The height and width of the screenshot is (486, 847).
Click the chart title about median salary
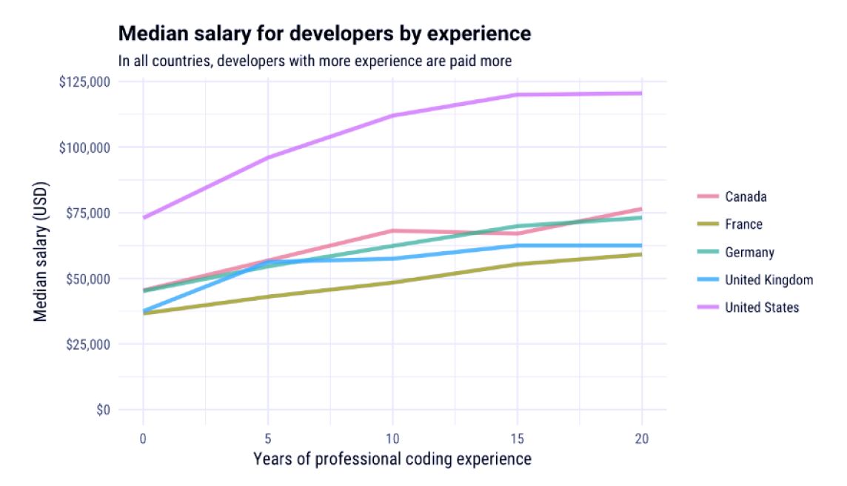[324, 33]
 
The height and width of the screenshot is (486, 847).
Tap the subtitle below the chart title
[315, 61]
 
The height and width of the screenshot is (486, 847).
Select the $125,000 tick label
[84, 81]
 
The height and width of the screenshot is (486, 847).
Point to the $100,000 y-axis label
[84, 147]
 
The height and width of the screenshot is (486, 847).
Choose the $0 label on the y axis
[103, 410]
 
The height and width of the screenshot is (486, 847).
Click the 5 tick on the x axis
[267, 439]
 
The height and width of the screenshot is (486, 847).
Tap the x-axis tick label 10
[392, 439]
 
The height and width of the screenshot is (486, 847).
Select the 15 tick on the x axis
[517, 439]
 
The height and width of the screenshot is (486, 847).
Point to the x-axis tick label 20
[642, 439]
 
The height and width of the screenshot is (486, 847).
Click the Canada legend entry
[746, 196]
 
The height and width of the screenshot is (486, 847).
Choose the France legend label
[743, 224]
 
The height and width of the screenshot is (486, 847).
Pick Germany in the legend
[749, 252]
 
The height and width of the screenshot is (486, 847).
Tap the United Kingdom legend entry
[769, 279]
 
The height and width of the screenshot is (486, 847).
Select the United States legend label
[762, 307]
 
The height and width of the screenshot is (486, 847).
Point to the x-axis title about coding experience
[392, 459]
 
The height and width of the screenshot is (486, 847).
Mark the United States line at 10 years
[392, 116]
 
